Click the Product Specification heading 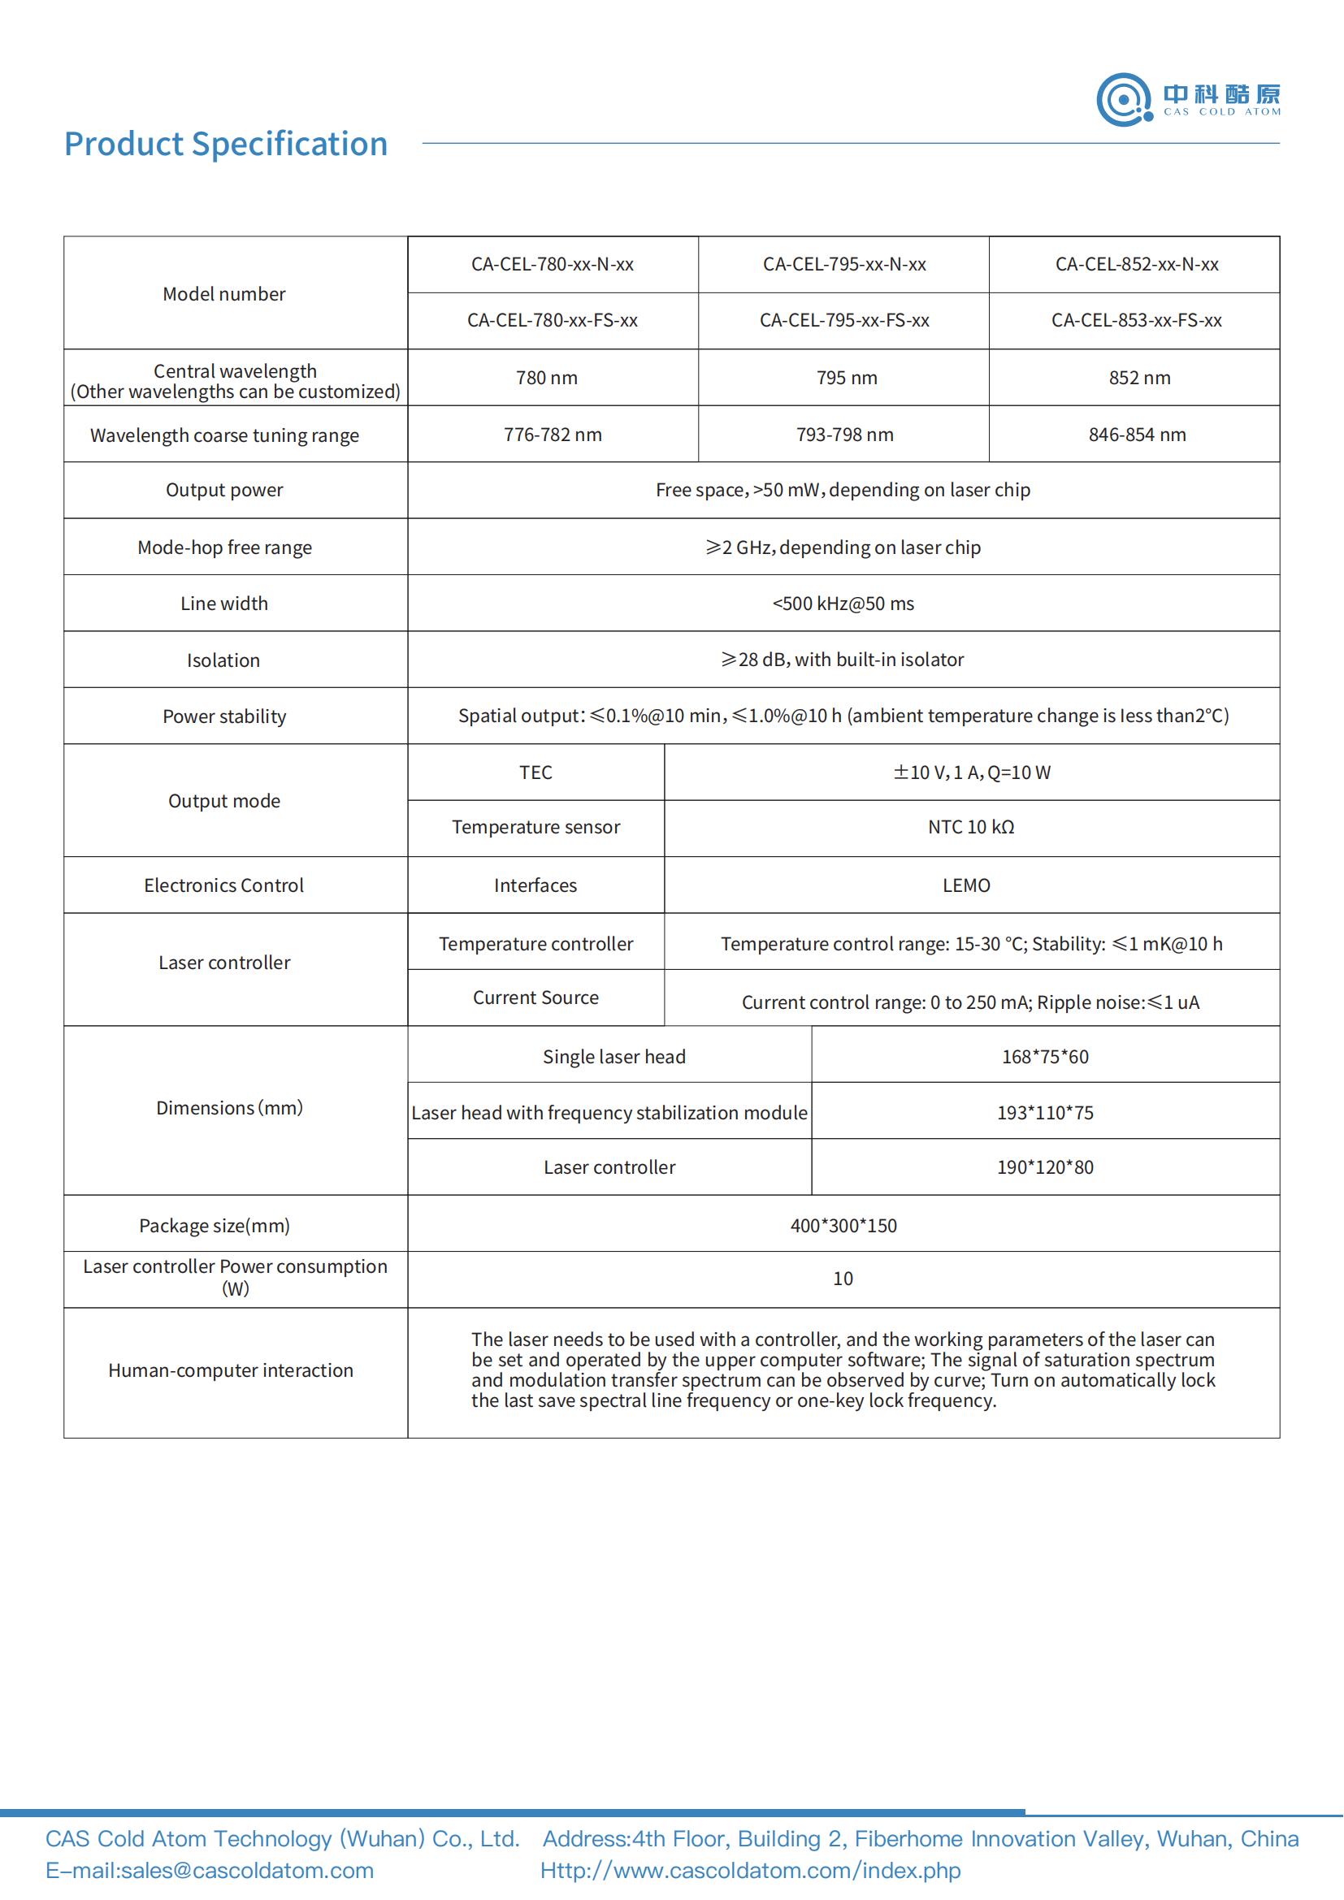tap(226, 144)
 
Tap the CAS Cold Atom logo tap(1189, 100)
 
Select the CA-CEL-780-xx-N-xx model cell tap(552, 265)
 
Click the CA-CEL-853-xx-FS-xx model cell tap(1135, 321)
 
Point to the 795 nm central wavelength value tap(846, 379)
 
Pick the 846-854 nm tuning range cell tap(1136, 435)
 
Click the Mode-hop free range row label tap(224, 547)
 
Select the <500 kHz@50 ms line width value tap(843, 604)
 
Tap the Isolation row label tap(223, 660)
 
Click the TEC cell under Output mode tap(535, 773)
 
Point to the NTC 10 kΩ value tap(971, 828)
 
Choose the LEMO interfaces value tap(966, 885)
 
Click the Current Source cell tap(535, 998)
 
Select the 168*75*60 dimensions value tap(1044, 1057)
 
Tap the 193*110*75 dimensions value tap(1044, 1113)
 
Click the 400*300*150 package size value tap(843, 1226)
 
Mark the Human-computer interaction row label tap(230, 1370)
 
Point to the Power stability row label tap(224, 716)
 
